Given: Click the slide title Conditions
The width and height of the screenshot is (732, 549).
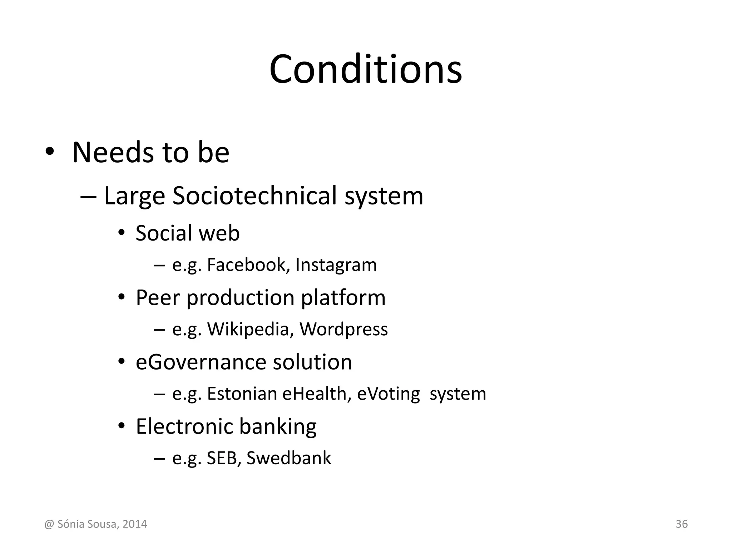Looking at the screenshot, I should [366, 69].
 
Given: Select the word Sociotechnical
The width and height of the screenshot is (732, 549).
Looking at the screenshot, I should [255, 196].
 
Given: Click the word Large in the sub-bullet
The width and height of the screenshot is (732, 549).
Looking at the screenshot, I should [134, 197].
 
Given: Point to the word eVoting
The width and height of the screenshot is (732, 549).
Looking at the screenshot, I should [389, 394].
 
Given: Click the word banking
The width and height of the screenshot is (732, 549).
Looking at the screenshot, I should [278, 427].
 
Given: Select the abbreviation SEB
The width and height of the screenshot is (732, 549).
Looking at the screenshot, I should [221, 458].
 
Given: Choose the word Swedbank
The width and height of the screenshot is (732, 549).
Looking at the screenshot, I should [289, 458].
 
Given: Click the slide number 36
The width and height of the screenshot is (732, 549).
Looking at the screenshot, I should [682, 524].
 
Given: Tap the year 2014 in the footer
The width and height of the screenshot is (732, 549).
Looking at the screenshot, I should [134, 524].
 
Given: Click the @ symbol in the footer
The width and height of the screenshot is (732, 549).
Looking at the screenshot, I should [49, 524].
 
